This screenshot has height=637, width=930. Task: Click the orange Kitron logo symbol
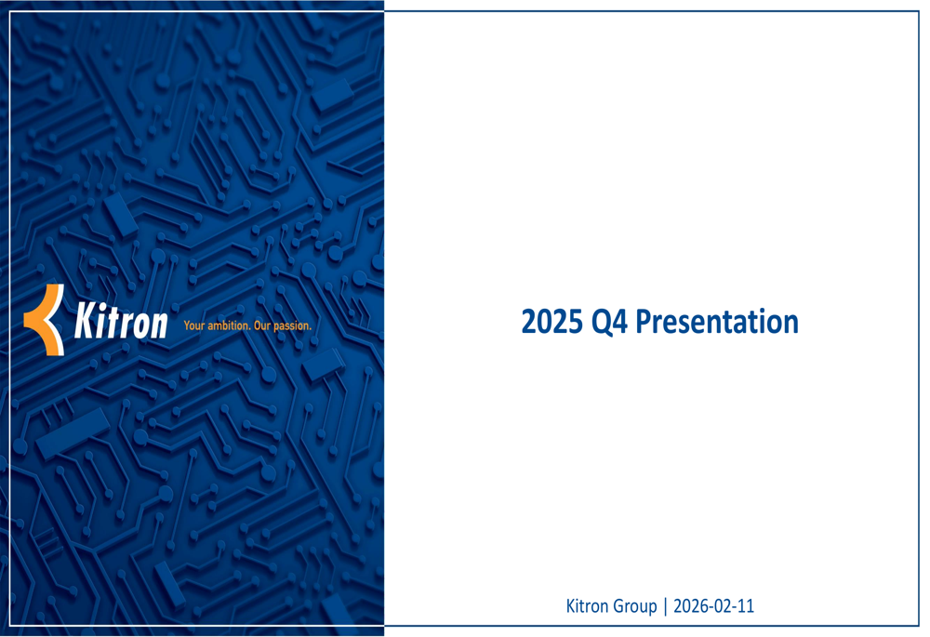45,320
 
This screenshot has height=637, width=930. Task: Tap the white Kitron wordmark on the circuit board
121,322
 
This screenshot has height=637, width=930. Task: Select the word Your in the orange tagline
193,326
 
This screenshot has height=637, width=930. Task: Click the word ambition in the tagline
229,326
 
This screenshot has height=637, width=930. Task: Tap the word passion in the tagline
293,326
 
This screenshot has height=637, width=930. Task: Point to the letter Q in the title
601,322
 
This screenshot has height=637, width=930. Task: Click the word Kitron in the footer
587,606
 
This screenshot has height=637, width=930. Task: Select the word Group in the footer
634,607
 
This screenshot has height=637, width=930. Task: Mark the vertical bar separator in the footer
665,607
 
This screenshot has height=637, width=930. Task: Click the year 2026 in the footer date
690,606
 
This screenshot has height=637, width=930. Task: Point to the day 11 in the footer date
746,606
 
